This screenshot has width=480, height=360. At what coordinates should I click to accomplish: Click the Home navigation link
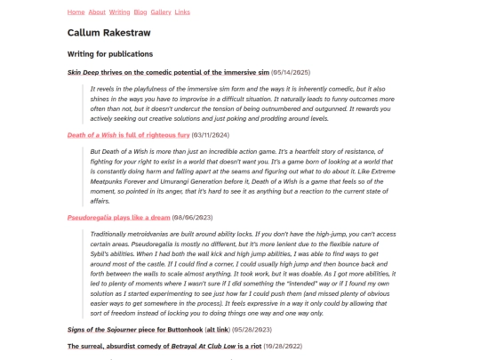(x=76, y=12)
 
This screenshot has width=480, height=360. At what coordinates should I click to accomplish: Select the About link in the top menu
(x=97, y=12)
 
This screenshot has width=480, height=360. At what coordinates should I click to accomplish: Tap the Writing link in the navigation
(x=119, y=12)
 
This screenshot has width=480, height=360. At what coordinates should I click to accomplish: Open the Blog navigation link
(x=140, y=12)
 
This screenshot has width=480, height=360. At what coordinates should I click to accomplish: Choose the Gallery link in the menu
(x=161, y=12)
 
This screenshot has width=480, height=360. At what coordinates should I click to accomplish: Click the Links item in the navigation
(x=182, y=12)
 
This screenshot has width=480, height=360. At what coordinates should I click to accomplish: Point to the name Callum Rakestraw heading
(x=108, y=33)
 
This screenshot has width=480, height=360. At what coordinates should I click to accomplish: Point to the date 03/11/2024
(x=211, y=135)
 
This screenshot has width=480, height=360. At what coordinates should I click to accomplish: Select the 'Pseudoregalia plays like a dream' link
(x=118, y=217)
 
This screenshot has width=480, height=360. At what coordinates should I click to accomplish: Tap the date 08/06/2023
(x=192, y=217)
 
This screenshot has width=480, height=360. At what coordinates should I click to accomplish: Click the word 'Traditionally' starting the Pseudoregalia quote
(x=110, y=234)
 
